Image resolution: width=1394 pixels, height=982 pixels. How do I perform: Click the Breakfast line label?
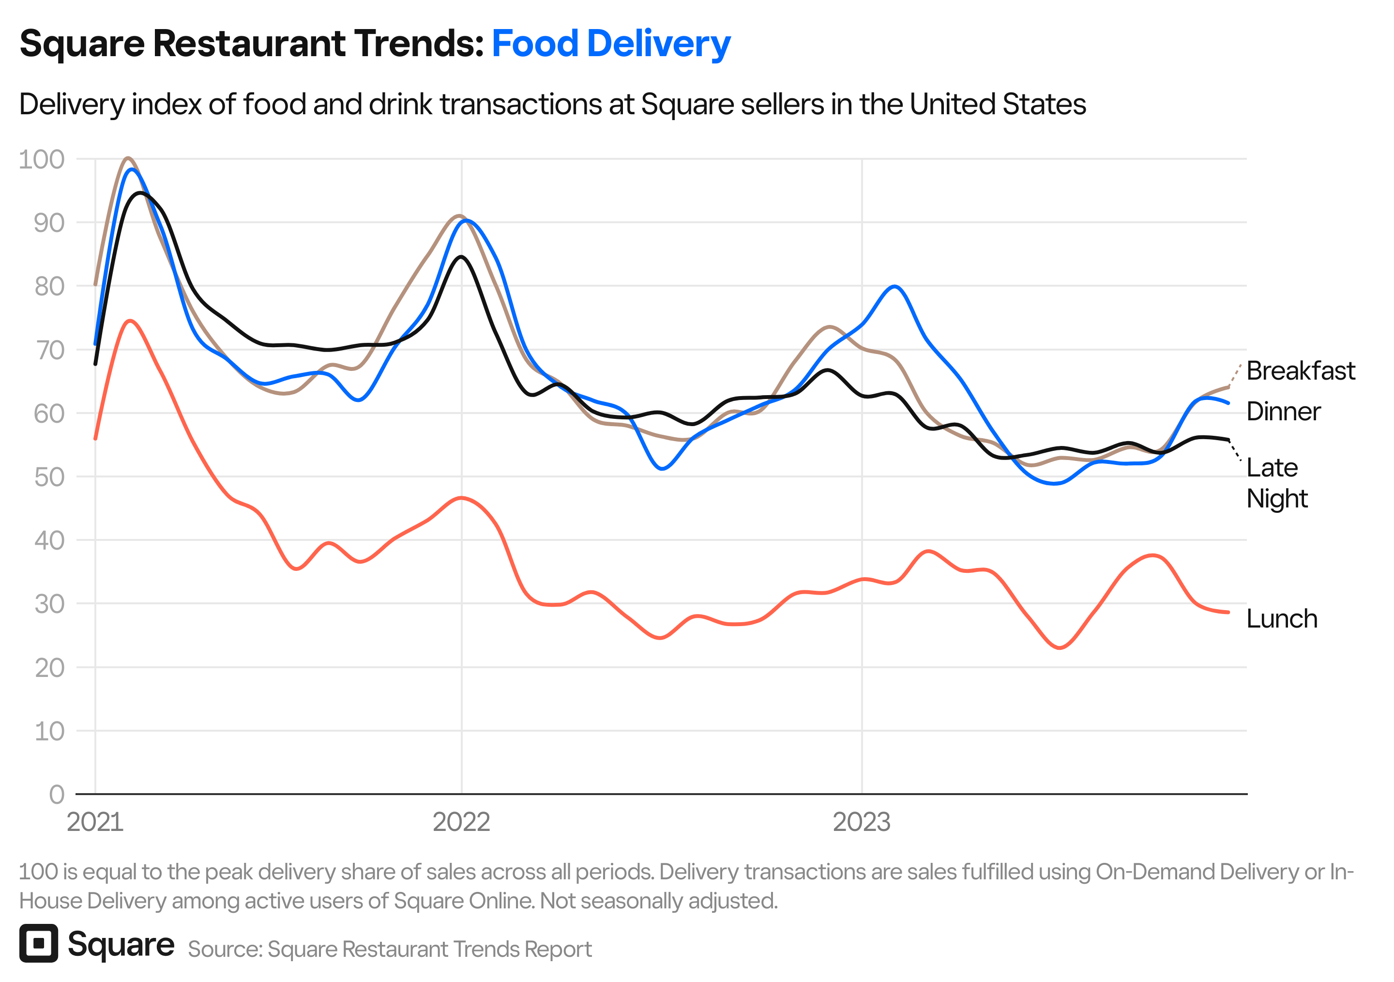point(1300,371)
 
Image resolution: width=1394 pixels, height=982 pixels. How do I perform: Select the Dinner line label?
point(1283,412)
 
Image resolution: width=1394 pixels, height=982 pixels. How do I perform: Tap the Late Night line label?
point(1276,483)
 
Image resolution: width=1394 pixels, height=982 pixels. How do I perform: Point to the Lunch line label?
point(1281,619)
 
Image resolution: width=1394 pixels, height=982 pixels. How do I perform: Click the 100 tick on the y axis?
point(41,159)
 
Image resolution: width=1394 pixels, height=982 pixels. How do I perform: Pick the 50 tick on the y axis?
point(48,477)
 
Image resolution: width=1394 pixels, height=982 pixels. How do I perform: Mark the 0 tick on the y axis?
point(57,794)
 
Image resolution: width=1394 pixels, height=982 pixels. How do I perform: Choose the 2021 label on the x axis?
point(95,822)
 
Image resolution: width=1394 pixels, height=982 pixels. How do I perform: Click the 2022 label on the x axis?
point(461,822)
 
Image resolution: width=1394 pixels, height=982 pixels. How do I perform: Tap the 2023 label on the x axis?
point(861,822)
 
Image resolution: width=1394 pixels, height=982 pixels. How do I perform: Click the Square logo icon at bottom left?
point(38,943)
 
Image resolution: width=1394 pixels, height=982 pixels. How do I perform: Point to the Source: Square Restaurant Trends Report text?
point(389,949)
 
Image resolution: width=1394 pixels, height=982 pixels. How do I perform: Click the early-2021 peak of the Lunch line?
point(130,321)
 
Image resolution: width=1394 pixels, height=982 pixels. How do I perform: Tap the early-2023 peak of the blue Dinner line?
point(895,286)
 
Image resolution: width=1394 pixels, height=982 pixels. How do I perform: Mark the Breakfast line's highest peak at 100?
point(127,158)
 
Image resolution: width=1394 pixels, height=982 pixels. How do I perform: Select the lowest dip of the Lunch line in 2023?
point(1060,648)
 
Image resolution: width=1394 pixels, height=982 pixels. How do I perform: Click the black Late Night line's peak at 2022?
point(461,257)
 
